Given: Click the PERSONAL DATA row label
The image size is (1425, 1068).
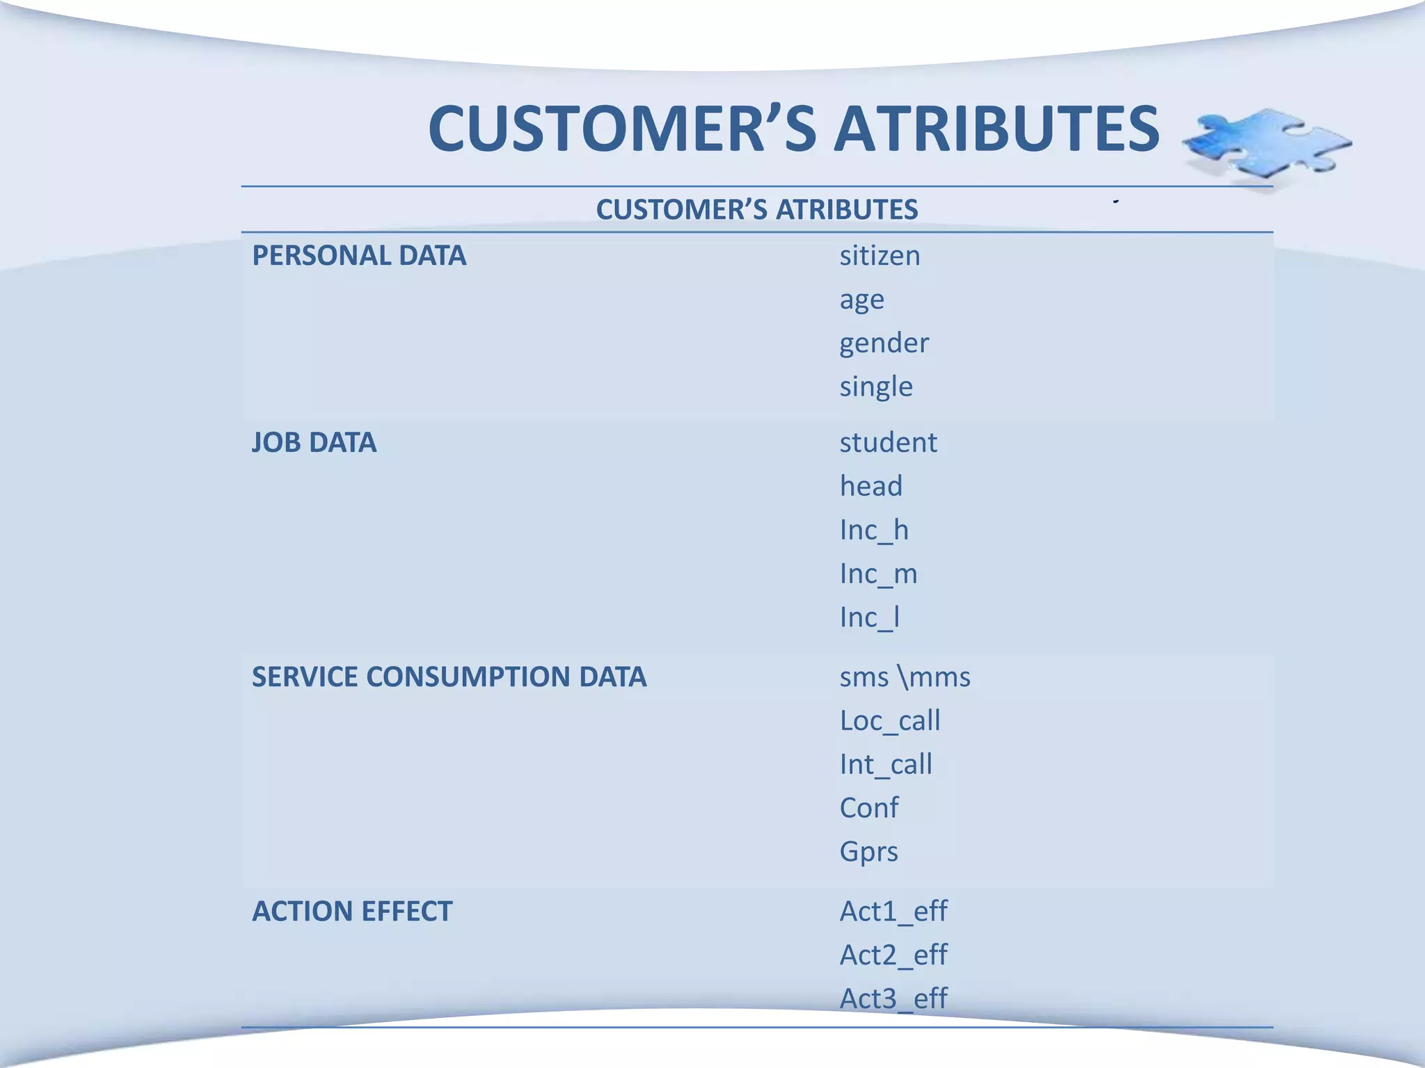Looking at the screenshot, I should click(359, 256).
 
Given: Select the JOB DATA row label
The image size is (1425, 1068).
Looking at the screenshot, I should click(314, 443).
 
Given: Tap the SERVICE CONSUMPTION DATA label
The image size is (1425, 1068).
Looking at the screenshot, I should click(449, 677).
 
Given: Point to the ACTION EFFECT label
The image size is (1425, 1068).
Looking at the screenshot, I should click(352, 912).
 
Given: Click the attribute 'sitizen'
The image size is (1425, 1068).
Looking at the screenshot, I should click(879, 256).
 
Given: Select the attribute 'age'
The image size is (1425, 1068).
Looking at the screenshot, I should click(861, 300).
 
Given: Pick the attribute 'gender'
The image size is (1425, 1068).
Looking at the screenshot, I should click(884, 343).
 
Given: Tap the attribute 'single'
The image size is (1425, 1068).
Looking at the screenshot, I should click(876, 387).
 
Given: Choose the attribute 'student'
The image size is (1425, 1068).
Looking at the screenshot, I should click(888, 443).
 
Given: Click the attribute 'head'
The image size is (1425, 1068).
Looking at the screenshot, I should click(870, 486).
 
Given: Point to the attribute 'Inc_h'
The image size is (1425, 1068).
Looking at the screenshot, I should click(874, 531).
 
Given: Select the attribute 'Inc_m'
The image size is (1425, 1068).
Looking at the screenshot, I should click(878, 574).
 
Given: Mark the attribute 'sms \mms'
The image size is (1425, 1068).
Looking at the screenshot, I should click(905, 677).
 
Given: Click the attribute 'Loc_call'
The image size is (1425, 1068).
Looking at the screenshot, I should click(890, 721).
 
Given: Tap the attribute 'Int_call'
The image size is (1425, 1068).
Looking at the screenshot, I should click(886, 765).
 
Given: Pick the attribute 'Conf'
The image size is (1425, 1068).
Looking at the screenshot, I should click(869, 808).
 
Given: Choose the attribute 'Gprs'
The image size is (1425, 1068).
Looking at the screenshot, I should click(869, 852).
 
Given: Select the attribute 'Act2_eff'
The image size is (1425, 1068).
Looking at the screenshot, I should click(893, 955).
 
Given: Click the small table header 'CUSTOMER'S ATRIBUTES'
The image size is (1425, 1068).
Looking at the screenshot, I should click(757, 209).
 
